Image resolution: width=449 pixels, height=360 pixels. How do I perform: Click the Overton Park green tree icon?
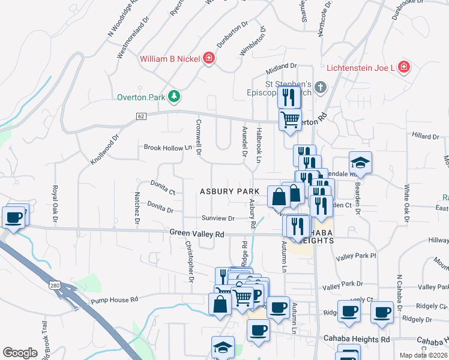coord(173,95)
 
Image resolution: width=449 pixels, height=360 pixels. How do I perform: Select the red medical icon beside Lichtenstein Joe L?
coord(404,67)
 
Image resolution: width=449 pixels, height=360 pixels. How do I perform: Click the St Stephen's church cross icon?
coord(321,88)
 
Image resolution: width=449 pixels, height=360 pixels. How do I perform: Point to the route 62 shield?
coord(141,116)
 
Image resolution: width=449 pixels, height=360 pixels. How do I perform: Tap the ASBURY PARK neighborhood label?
coord(229,191)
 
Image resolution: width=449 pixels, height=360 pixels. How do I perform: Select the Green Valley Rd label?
coord(196,233)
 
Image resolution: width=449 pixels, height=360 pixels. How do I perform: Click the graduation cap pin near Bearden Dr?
coord(360,163)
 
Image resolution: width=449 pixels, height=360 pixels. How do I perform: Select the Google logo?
coord(20,353)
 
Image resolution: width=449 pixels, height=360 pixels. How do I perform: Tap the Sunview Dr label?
coord(218,218)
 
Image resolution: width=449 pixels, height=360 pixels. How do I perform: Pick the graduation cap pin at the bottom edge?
coord(223,347)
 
